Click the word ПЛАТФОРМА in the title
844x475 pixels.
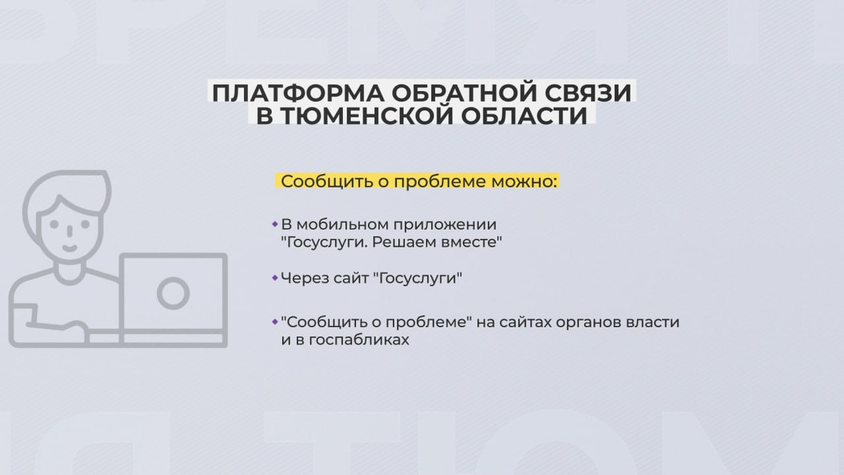point(298,93)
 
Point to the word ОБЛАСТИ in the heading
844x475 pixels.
point(524,115)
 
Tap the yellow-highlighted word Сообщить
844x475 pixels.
point(328,181)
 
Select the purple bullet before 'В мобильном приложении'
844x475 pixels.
point(275,224)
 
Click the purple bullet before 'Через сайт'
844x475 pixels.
point(275,278)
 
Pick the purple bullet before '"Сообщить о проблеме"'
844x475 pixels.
point(275,322)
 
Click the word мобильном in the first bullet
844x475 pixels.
point(344,225)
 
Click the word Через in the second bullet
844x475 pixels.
point(301,279)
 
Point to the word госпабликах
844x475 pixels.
point(359,340)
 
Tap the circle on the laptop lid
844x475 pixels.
point(173,294)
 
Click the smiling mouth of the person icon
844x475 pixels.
point(70,249)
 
